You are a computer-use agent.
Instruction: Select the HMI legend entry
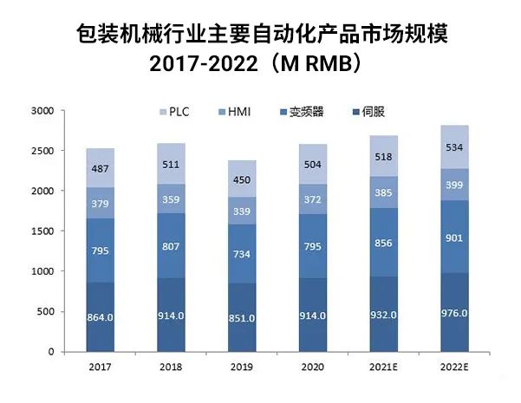pos(238,112)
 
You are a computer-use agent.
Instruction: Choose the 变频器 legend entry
pos(303,112)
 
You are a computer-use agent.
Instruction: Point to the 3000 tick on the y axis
pos(42,111)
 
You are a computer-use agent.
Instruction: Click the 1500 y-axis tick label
pos(42,231)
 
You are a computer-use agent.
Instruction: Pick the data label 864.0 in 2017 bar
pos(101,317)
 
